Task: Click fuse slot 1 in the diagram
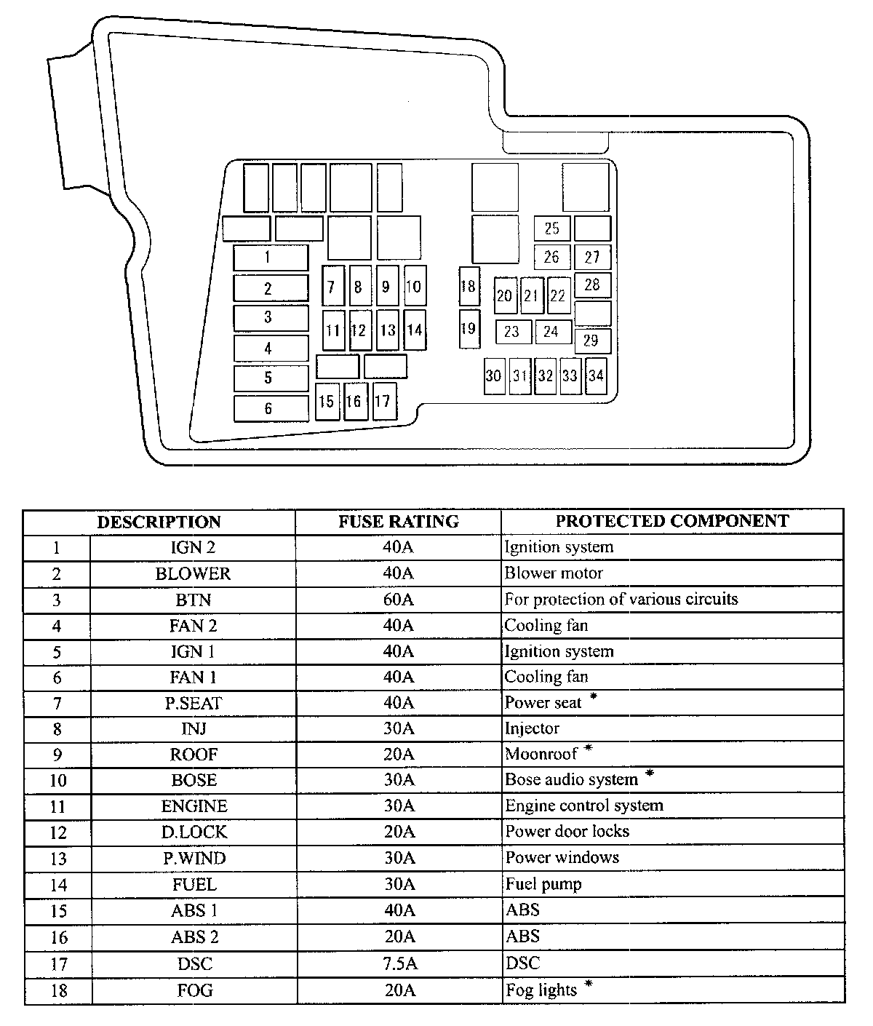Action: coord(271,257)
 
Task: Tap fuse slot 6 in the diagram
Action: coord(271,408)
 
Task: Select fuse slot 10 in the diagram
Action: coord(414,286)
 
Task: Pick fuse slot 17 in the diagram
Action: coord(384,401)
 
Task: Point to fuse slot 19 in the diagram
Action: coord(469,328)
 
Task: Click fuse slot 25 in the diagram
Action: coord(552,228)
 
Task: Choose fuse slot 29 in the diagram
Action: coord(592,341)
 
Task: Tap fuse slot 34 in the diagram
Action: coord(596,375)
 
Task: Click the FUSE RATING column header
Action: coord(398,522)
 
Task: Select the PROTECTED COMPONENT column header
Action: coord(671,522)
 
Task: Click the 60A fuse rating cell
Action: coord(398,600)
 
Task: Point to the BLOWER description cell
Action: coord(193,573)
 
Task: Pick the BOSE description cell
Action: coord(194,781)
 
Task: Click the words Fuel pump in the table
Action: coord(543,885)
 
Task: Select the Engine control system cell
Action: coord(584,806)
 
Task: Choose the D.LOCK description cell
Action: coord(194,832)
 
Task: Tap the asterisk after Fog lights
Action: coord(589,985)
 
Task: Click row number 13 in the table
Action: coord(57,859)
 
